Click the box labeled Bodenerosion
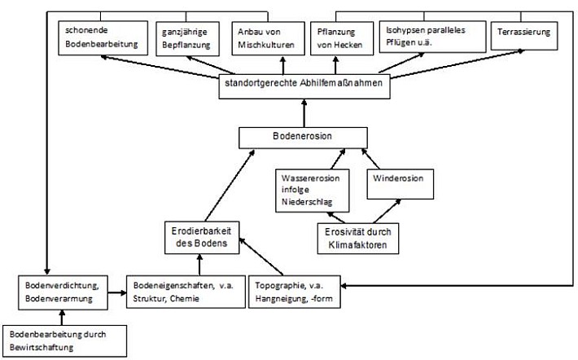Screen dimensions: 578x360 [x=303, y=138]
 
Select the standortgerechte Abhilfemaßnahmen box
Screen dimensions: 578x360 [x=304, y=86]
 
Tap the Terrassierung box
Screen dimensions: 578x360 [x=524, y=36]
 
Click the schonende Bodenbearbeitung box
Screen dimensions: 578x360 [x=103, y=38]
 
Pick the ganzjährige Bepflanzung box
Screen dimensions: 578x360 [x=187, y=39]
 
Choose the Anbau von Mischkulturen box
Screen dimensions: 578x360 [x=269, y=38]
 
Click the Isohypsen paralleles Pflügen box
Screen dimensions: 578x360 [x=433, y=37]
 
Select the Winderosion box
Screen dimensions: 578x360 [x=401, y=184]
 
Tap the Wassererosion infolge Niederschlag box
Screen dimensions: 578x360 [x=313, y=191]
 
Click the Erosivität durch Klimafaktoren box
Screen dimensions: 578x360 [x=358, y=239]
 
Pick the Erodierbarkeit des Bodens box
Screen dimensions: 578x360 [x=202, y=238]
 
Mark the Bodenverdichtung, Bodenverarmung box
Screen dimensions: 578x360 [x=63, y=292]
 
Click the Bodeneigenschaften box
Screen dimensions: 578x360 [x=186, y=292]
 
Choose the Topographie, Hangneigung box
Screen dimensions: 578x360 [x=295, y=292]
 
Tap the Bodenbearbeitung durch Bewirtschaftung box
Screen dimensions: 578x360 [x=65, y=340]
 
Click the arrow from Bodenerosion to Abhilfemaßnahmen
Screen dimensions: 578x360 [x=304, y=113]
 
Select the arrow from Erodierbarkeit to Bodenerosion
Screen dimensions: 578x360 [x=230, y=185]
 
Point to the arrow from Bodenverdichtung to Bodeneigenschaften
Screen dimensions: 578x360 [x=117, y=293]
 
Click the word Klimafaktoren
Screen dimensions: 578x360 [x=357, y=245]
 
